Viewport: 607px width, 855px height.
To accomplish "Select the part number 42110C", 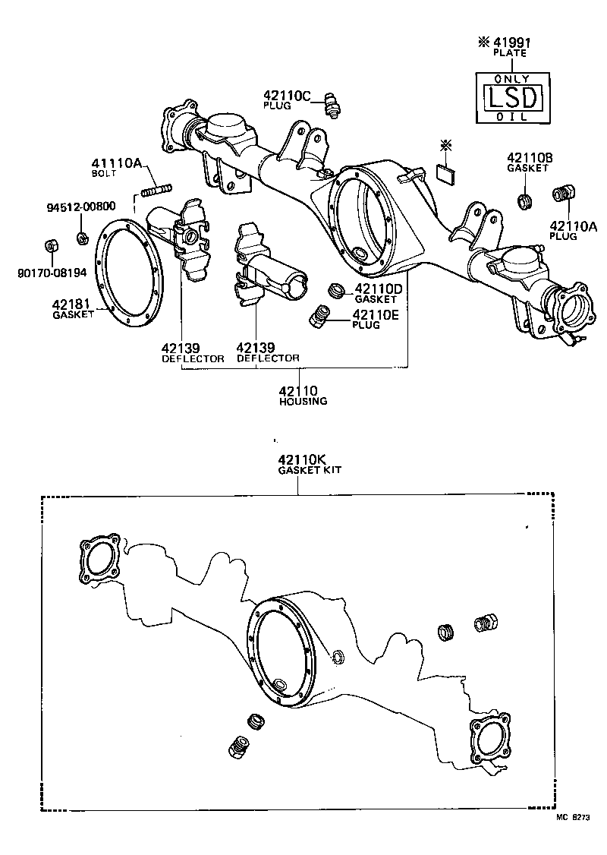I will (x=288, y=96).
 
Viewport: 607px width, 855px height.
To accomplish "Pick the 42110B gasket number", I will (x=530, y=158).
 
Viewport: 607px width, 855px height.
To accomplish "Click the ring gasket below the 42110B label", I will (x=523, y=201).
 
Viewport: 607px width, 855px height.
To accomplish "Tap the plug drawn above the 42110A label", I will (x=561, y=194).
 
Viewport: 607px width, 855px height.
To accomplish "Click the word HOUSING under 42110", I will (x=302, y=401).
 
